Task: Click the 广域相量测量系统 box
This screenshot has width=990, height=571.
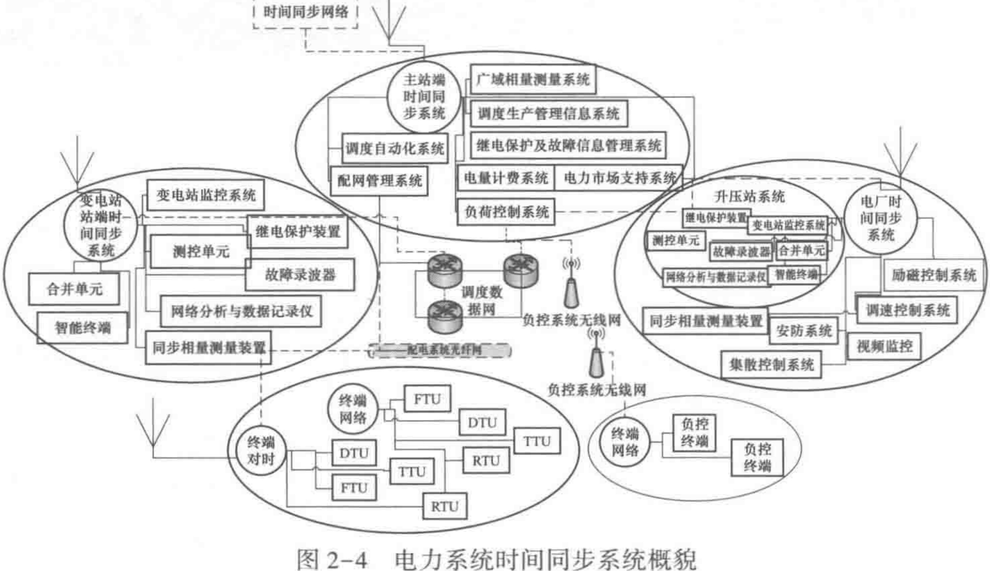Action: click(533, 80)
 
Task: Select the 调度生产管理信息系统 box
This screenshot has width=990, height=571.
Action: click(548, 114)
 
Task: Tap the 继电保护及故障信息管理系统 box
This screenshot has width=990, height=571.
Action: click(568, 146)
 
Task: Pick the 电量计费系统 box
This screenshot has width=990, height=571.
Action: click(505, 178)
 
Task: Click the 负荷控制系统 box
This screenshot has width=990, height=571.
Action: click(506, 213)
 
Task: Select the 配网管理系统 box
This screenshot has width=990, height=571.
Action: click(379, 181)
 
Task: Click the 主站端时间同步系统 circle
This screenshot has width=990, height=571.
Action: click(424, 97)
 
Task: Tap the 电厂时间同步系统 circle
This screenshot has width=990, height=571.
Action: click(881, 218)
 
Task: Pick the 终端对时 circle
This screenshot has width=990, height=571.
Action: click(261, 451)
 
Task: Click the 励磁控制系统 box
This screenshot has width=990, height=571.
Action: click(934, 276)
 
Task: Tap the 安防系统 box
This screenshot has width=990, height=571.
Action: click(803, 331)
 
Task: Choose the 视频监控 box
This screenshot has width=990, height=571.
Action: click(884, 346)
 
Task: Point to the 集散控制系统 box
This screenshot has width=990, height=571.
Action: click(771, 365)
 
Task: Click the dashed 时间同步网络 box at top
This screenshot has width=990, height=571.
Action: click(305, 12)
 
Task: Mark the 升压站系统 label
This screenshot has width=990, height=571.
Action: click(749, 197)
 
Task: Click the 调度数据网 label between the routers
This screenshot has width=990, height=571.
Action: click(482, 301)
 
